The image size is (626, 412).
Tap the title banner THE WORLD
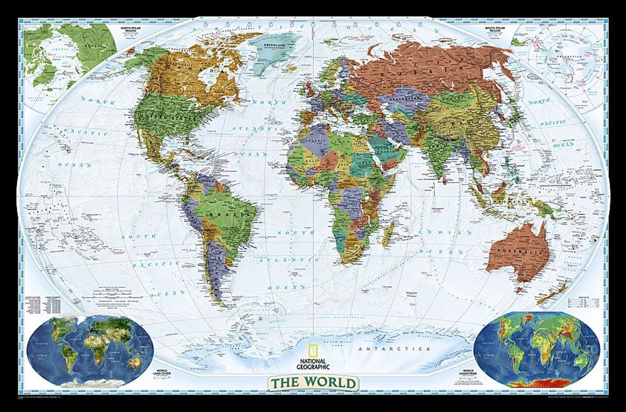tap(313, 383)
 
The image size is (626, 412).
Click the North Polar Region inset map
tap(68, 57)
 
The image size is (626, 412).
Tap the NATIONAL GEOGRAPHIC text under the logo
tap(312, 363)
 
